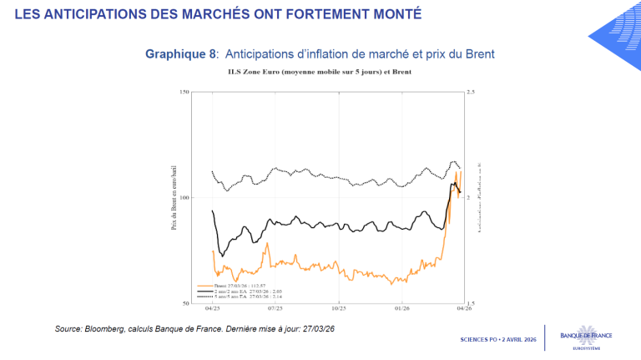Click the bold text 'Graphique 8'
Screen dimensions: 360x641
tap(181, 53)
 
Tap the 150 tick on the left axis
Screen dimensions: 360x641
tap(182, 92)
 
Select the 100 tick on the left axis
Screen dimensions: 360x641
tap(182, 197)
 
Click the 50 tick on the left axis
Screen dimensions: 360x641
tap(184, 302)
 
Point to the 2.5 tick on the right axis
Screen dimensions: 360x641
tap(471, 92)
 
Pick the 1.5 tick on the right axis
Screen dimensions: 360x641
tap(471, 302)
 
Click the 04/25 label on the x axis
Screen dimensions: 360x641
tap(192, 309)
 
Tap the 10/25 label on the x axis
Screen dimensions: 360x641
tap(338, 309)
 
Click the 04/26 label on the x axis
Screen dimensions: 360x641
tap(463, 309)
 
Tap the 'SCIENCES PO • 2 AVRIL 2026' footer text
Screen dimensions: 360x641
tap(497, 341)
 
